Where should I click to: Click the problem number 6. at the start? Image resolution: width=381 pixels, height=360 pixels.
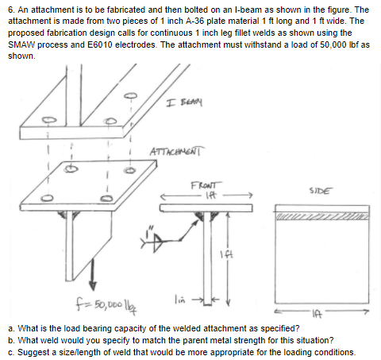click(10, 8)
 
